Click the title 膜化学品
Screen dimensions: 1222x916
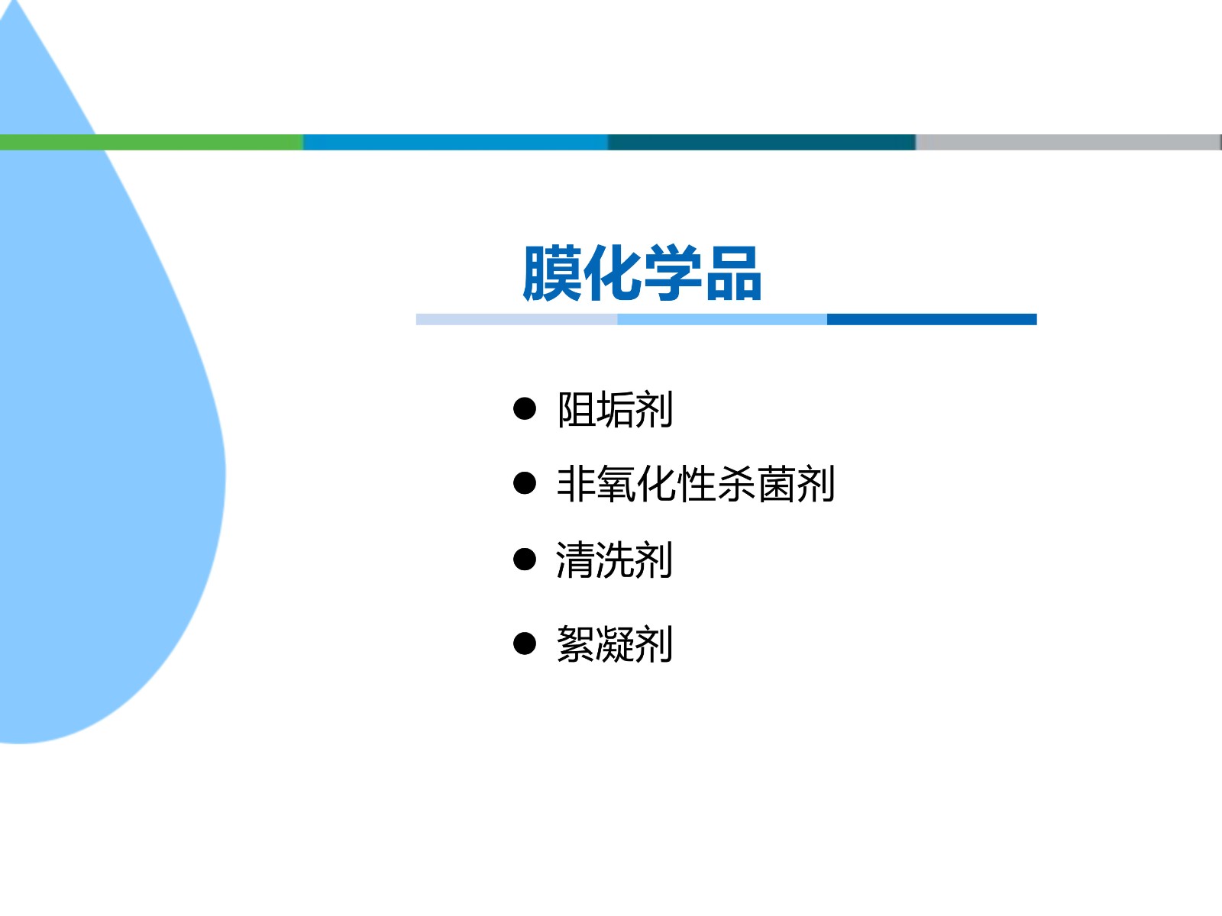642,273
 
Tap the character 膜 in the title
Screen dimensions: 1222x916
551,273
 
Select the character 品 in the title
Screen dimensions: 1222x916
733,273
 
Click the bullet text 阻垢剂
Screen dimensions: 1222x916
615,409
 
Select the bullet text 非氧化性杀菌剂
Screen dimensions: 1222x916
696,484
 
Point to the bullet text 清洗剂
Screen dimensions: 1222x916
615,560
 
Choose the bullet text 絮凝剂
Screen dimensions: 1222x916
615,644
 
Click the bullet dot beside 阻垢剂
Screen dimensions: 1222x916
525,408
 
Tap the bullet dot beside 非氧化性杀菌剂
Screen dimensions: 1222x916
525,482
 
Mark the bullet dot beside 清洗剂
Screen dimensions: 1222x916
525,559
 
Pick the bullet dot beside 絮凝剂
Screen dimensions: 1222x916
525,643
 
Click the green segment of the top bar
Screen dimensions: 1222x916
151,143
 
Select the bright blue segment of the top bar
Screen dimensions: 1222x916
455,143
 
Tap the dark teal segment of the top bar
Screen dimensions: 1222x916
761,143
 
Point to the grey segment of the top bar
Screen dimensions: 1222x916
1068,143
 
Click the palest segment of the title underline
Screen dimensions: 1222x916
516,319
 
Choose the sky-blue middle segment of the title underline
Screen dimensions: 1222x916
722,319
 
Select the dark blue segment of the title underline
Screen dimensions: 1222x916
932,319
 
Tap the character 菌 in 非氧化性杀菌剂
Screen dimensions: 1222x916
776,484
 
